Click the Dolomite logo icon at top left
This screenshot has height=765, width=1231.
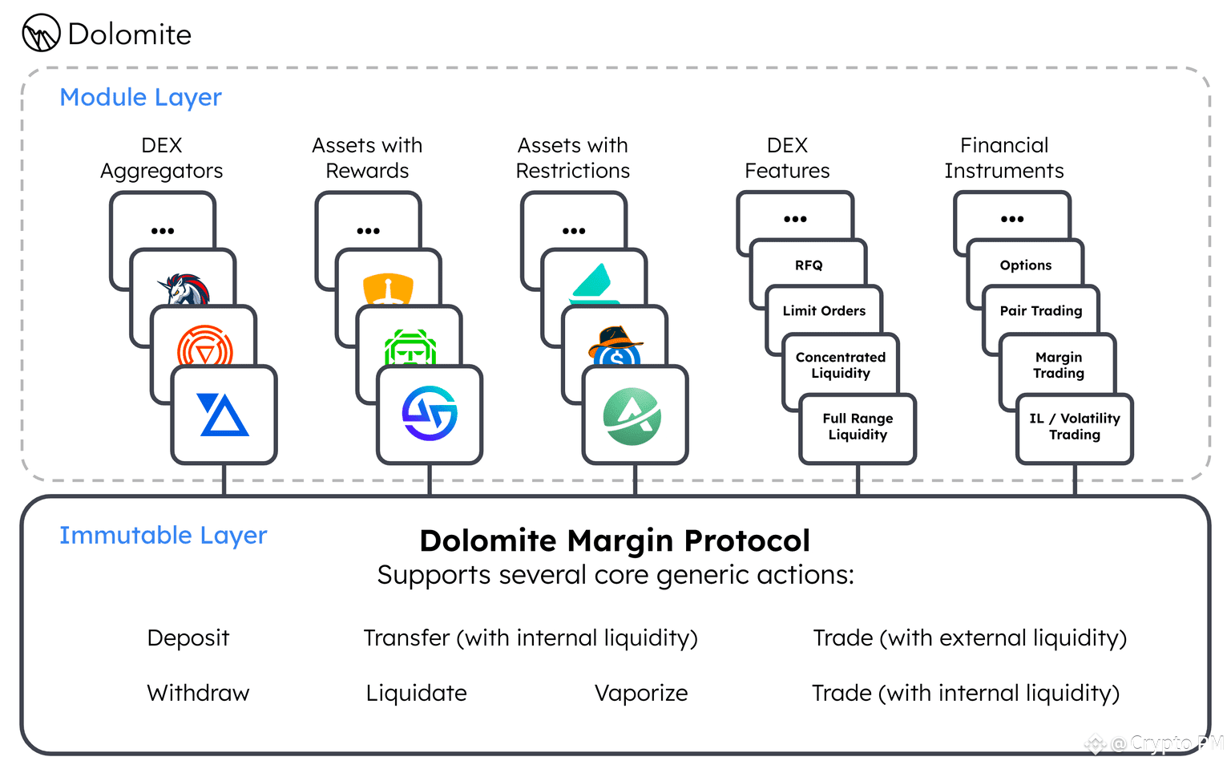click(x=41, y=34)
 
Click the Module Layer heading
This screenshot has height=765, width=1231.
click(x=140, y=97)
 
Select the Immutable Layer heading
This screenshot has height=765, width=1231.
click(x=163, y=535)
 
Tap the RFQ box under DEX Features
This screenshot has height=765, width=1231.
click(x=809, y=265)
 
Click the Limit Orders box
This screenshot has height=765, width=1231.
click(x=824, y=310)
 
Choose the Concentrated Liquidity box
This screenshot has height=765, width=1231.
click(x=840, y=365)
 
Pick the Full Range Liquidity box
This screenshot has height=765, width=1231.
click(x=858, y=427)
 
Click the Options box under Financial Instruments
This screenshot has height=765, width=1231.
click(x=1025, y=265)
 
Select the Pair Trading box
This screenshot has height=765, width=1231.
click(x=1040, y=310)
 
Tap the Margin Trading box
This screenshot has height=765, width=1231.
click(x=1058, y=365)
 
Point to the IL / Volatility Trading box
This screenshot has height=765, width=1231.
click(x=1075, y=427)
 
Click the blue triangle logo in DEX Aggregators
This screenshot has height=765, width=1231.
click(x=224, y=415)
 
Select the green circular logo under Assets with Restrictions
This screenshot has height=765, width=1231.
click(x=633, y=415)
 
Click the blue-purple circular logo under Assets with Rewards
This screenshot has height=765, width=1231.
click(x=430, y=414)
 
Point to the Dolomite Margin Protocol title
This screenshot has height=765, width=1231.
click(x=615, y=540)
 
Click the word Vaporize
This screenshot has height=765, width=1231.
click(x=641, y=693)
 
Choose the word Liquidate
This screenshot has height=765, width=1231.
click(x=416, y=693)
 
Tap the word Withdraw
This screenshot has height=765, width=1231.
click(x=198, y=693)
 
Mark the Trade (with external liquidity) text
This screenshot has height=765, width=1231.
click(x=970, y=637)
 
